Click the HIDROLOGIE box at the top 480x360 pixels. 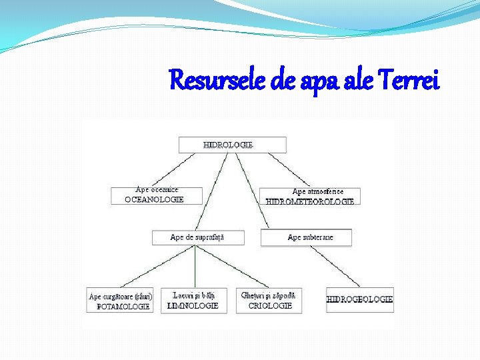click(232, 145)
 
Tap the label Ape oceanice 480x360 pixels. click(157, 190)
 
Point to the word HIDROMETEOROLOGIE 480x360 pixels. click(310, 201)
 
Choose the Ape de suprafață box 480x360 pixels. click(197, 237)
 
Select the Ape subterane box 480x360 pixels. click(306, 237)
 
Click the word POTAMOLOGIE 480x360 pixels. click(123, 307)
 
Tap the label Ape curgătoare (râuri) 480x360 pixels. click(121, 296)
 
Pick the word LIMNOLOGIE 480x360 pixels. click(193, 305)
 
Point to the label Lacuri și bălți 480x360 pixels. click(193, 295)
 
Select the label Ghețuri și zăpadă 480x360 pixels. click(268, 295)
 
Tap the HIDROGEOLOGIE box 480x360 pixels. click(359, 299)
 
